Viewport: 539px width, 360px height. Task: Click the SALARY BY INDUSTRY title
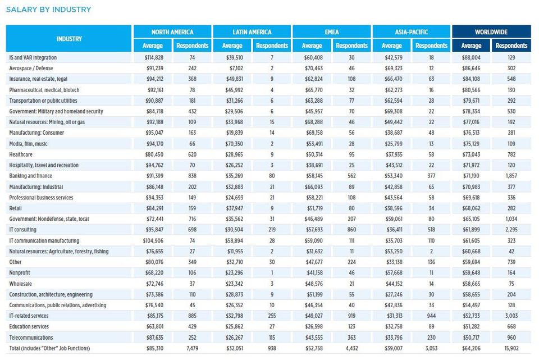pyautogui.click(x=49, y=10)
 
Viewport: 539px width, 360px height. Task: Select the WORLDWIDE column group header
pyautogui.click(x=491, y=32)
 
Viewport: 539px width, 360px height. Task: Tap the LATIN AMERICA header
pyautogui.click(x=252, y=32)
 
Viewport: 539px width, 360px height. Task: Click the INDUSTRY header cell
pyautogui.click(x=69, y=39)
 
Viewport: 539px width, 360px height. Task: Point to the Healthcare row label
pyautogui.click(x=21, y=154)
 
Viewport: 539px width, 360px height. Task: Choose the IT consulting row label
pyautogui.click(x=22, y=229)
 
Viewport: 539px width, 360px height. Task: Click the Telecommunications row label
pyautogui.click(x=31, y=338)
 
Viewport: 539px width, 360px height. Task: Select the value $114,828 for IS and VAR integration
pyautogui.click(x=154, y=57)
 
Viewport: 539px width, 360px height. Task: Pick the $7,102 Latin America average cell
pyautogui.click(x=236, y=68)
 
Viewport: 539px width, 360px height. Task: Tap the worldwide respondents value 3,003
pyautogui.click(x=511, y=316)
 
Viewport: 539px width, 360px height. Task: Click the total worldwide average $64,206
pyautogui.click(x=471, y=348)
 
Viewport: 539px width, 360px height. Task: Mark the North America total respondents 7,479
pyautogui.click(x=192, y=348)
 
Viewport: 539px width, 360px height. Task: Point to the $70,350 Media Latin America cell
pyautogui.click(x=234, y=144)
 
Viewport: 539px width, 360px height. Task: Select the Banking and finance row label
pyautogui.click(x=30, y=176)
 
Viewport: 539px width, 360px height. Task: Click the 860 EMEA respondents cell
pyautogui.click(x=351, y=229)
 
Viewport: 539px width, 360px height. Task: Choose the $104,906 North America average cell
pyautogui.click(x=153, y=240)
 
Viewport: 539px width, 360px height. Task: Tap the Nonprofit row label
pyautogui.click(x=20, y=272)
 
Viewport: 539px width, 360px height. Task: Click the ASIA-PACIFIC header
pyautogui.click(x=412, y=32)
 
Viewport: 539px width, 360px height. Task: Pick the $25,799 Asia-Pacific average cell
pyautogui.click(x=394, y=144)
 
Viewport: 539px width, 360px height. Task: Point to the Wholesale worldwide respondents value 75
pyautogui.click(x=511, y=284)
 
